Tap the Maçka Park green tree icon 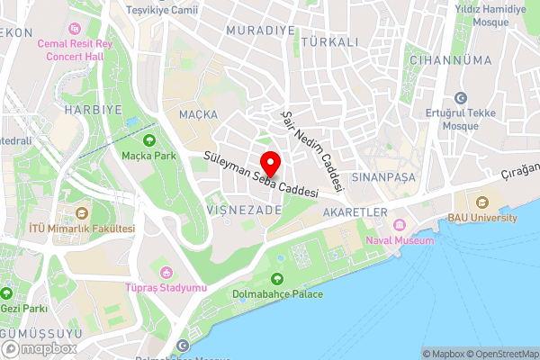tap(148, 139)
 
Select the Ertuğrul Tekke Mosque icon tap(461, 98)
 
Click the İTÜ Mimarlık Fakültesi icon tap(82, 213)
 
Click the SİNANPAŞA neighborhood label tap(383, 176)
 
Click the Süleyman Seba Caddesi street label tap(262, 175)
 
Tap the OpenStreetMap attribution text tap(499, 353)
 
